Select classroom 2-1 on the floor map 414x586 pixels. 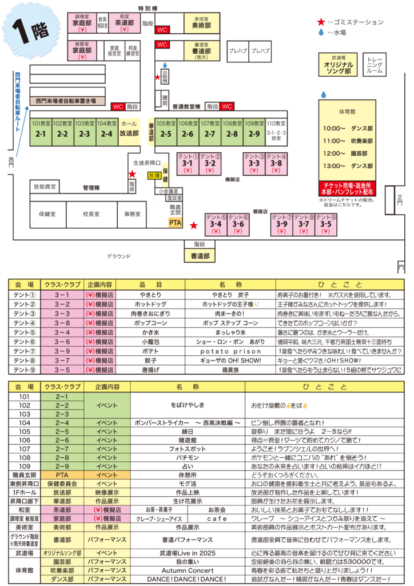pyautogui.click(x=41, y=131)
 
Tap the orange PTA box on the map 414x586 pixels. pyautogui.click(x=175, y=222)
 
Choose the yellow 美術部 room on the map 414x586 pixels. pyautogui.click(x=200, y=23)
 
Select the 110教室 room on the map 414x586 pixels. pyautogui.click(x=276, y=131)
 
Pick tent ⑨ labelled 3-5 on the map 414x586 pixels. pyautogui.click(x=325, y=224)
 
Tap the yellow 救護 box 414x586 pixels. pyautogui.click(x=154, y=176)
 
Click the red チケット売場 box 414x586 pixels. pyautogui.click(x=347, y=189)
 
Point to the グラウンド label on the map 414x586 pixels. pyautogui.click(x=120, y=256)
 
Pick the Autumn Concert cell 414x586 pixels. pyautogui.click(x=187, y=571)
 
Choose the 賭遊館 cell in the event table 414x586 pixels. pyautogui.click(x=187, y=440)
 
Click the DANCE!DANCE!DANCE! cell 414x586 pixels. pyautogui.click(x=187, y=579)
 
